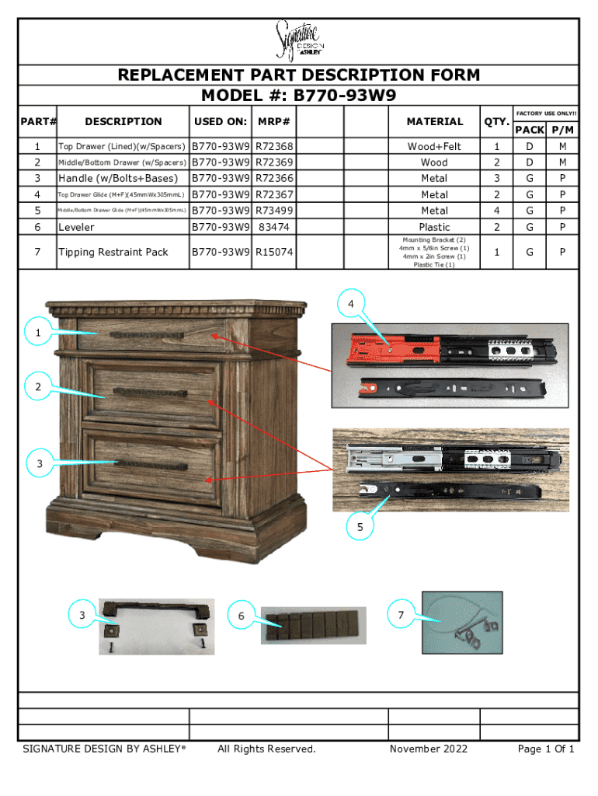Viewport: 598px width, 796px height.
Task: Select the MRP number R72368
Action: point(273,146)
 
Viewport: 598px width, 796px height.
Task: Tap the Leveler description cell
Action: point(76,227)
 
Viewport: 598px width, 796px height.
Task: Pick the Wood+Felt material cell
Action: point(434,146)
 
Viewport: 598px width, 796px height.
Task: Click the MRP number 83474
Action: point(274,227)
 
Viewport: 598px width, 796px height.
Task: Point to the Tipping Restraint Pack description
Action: point(113,252)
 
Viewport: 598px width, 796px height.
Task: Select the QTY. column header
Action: point(495,121)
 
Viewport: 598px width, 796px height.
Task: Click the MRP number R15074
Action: point(273,252)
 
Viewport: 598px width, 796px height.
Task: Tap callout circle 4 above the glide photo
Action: point(352,303)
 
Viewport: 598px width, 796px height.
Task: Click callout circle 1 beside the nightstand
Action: point(37,333)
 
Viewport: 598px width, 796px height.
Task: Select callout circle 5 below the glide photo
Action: point(360,527)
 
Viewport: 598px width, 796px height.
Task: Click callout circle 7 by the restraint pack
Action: point(401,616)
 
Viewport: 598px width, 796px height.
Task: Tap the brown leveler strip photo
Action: point(313,626)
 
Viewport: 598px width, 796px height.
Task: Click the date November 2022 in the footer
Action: point(429,749)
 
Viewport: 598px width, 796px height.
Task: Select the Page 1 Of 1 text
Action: point(545,749)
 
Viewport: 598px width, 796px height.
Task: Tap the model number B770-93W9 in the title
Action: point(345,96)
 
